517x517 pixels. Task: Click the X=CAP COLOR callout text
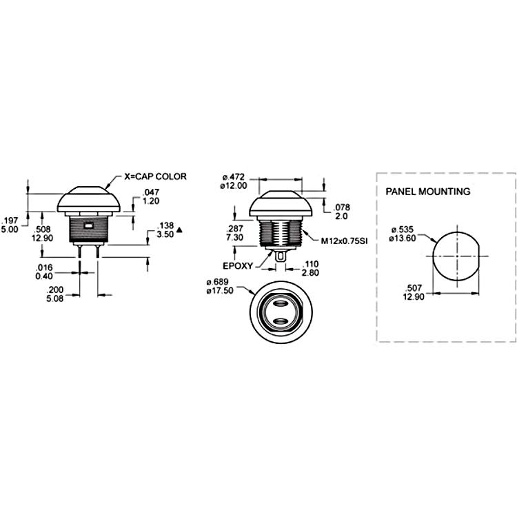point(155,176)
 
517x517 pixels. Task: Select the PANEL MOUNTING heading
point(428,192)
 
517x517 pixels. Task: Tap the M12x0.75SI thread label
point(344,241)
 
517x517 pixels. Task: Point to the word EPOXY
point(238,266)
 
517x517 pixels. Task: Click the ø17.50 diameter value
point(220,290)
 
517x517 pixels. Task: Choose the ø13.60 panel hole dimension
point(403,238)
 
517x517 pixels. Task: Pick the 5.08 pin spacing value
point(54,298)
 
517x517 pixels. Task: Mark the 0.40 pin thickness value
point(44,276)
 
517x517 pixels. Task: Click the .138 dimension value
point(165,226)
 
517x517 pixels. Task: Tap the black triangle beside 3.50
point(179,230)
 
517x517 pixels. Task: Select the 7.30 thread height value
point(235,237)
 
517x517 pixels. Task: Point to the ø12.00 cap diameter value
point(234,185)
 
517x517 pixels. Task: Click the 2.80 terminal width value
point(310,273)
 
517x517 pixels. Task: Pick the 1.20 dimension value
point(151,201)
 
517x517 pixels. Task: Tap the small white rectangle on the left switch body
point(89,226)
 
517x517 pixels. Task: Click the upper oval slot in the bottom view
point(281,303)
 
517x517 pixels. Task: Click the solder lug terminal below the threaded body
point(281,256)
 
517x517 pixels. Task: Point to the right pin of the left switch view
point(98,251)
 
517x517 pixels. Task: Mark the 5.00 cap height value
point(10,229)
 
